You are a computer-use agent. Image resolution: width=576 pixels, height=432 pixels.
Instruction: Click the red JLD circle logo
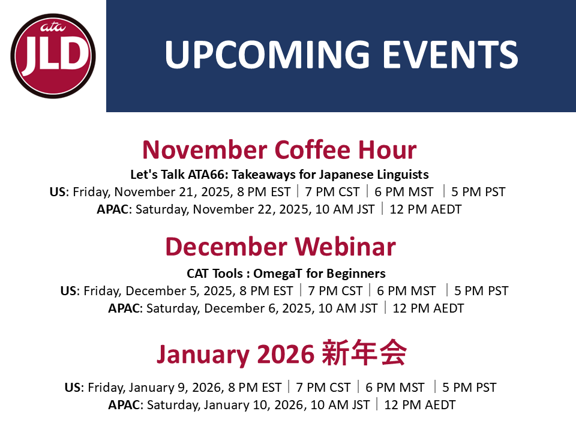pos(53,56)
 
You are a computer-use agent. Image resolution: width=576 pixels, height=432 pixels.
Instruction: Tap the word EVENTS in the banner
pos(451,55)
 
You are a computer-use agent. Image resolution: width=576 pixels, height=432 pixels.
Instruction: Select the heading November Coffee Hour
pos(279,150)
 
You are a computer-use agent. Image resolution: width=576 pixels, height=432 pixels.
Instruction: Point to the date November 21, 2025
pos(172,192)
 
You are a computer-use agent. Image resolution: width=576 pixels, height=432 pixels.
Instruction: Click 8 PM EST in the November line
pos(264,192)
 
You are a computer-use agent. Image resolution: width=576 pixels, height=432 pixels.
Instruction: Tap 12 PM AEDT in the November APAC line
pos(425,209)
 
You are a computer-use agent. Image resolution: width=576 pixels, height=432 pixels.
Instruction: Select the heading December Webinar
pos(281,247)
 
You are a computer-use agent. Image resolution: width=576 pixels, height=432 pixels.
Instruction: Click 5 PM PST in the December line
pos(481,291)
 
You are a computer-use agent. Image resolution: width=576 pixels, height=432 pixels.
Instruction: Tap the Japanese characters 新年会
pos(364,353)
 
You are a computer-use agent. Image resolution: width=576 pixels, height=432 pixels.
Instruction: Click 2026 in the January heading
pos(286,354)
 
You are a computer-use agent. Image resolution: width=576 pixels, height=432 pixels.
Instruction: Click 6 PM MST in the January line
pos(395,388)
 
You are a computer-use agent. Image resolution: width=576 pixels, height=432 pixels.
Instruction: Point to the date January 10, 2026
pos(256,405)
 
